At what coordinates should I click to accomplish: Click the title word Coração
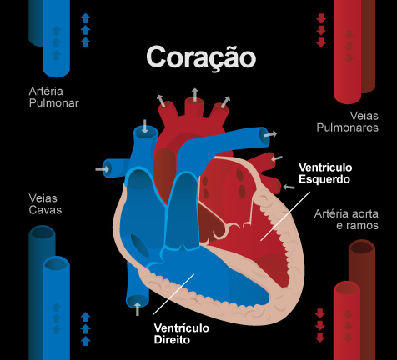201,57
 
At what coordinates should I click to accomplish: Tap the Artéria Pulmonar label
54,97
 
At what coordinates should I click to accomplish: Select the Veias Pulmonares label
348,122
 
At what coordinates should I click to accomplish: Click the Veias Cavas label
45,204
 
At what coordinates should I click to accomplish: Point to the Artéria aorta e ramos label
346,219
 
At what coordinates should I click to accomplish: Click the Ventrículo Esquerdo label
325,173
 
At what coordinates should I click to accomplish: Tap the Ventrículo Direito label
182,333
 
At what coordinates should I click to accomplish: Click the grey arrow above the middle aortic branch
195,94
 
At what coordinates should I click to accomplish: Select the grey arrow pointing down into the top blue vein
144,126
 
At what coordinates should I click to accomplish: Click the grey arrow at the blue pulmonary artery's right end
270,134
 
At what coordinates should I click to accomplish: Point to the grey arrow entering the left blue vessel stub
103,168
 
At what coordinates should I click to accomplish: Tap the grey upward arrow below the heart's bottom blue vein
138,309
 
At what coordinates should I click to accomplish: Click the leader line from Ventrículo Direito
173,294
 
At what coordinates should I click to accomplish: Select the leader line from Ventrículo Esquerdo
285,216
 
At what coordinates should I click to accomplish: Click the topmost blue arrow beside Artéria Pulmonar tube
86,17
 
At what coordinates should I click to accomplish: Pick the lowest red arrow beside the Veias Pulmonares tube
321,42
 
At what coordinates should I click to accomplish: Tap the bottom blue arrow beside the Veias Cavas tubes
86,341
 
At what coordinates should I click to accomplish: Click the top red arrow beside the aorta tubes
320,313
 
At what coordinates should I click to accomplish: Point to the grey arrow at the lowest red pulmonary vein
289,187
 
